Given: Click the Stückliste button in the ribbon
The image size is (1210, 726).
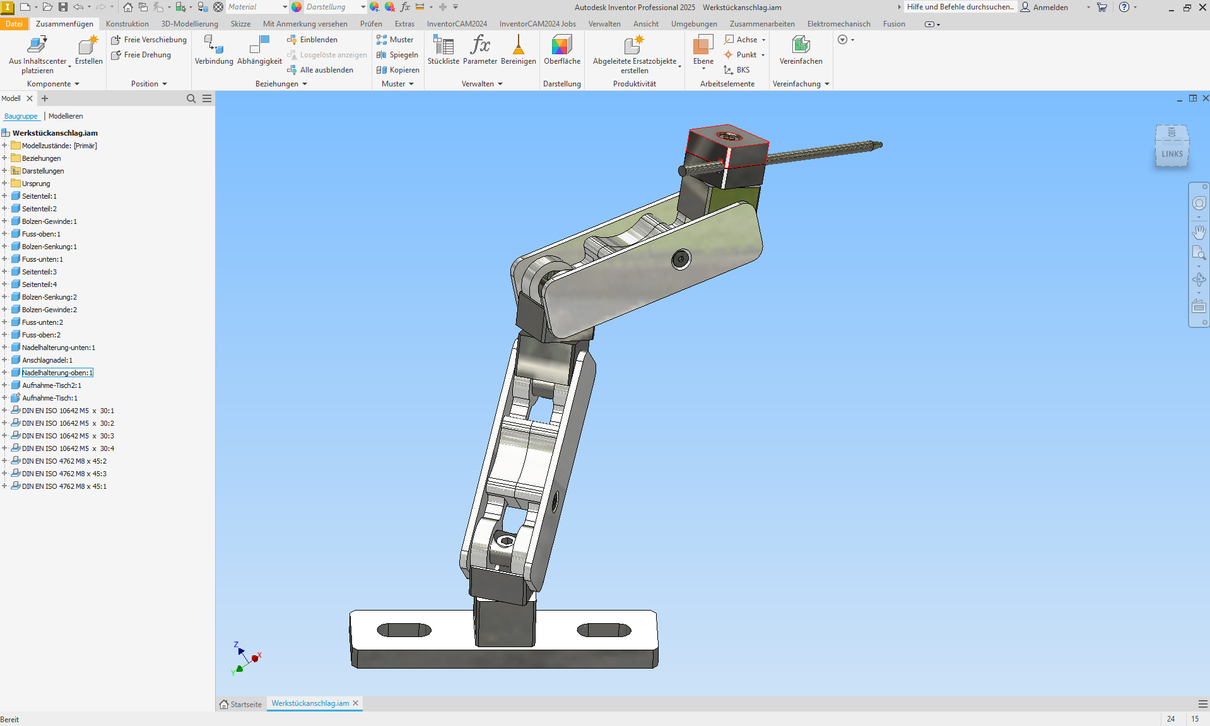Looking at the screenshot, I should click(x=443, y=50).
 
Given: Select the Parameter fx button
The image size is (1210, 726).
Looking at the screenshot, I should click(x=479, y=50).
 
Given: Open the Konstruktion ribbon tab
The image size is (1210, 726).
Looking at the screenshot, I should click(x=127, y=24).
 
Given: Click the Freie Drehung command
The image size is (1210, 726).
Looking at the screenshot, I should click(x=147, y=55).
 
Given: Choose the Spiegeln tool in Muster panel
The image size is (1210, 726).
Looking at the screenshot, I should click(x=398, y=55).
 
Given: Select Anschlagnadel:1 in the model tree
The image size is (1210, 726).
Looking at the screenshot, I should click(x=47, y=360).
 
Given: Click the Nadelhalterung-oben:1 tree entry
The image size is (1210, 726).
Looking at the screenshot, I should click(x=57, y=373).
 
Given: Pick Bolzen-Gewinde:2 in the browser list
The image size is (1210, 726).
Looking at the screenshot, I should click(x=49, y=310).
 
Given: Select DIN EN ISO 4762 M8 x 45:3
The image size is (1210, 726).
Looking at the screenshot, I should click(x=64, y=474).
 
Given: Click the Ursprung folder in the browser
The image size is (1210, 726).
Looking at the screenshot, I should click(x=36, y=184).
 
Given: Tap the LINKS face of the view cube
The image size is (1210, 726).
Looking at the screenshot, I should click(x=1172, y=153).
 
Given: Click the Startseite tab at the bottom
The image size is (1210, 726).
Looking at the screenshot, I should click(x=241, y=704).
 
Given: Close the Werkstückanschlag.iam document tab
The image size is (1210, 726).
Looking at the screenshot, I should click(x=356, y=703).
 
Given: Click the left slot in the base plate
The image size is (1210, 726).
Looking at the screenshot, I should click(x=404, y=629).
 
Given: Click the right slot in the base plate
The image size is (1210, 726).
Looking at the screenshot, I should click(x=604, y=629).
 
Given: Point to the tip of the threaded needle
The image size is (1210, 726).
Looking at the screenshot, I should click(x=880, y=145).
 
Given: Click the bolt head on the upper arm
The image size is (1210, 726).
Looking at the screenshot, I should click(x=681, y=259).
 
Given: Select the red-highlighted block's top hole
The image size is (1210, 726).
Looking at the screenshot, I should click(x=729, y=136).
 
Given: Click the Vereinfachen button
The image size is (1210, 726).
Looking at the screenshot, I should click(x=801, y=50).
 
